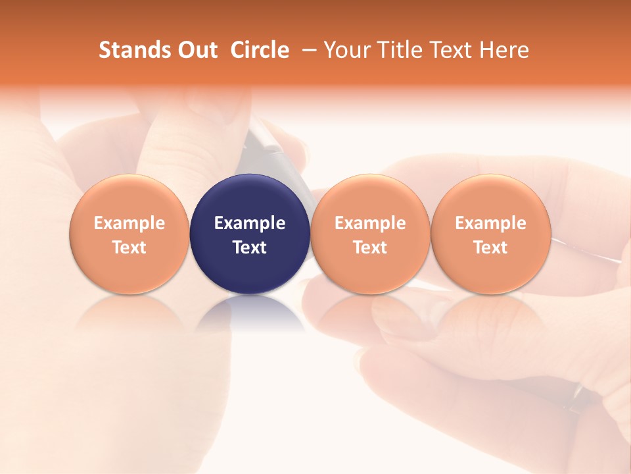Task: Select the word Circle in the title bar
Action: [x=260, y=50]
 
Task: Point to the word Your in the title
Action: [x=345, y=50]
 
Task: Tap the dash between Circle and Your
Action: [x=306, y=50]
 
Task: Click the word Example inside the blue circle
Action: [x=250, y=223]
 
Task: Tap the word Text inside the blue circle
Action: [x=250, y=248]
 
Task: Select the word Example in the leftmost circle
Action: [x=129, y=223]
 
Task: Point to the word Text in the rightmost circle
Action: [x=490, y=248]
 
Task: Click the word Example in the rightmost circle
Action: [x=490, y=223]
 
